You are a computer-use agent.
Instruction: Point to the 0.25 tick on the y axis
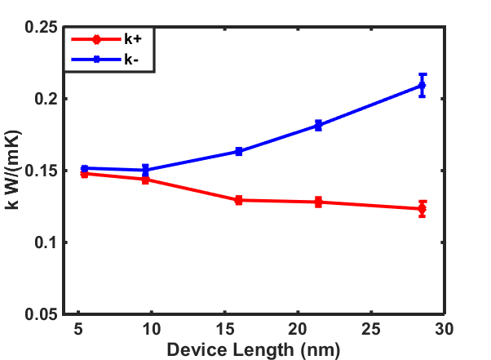pyautogui.click(x=41, y=27)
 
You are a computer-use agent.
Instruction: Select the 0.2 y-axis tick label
pyautogui.click(x=45, y=99)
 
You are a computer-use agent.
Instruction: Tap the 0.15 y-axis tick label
pyautogui.click(x=41, y=171)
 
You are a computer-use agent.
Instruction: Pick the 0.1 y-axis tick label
pyautogui.click(x=45, y=242)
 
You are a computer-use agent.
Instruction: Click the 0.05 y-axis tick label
pyautogui.click(x=41, y=314)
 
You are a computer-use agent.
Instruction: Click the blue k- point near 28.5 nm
pyautogui.click(x=422, y=85)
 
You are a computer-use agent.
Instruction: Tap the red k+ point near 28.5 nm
pyautogui.click(x=422, y=209)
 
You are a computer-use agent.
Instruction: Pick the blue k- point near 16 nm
pyautogui.click(x=239, y=151)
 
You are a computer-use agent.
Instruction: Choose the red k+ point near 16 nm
pyautogui.click(x=239, y=200)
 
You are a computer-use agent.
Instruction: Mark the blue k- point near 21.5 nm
pyautogui.click(x=318, y=126)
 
